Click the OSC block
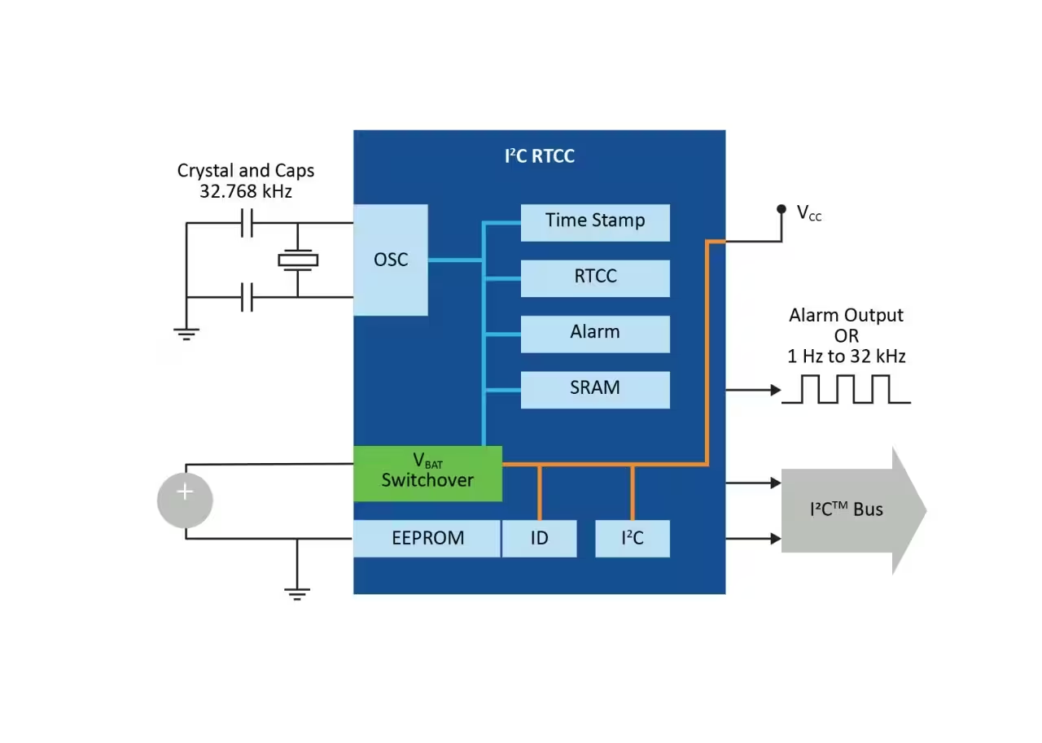click(391, 260)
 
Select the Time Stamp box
click(595, 223)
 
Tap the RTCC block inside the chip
click(595, 278)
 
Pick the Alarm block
click(595, 334)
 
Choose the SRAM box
click(595, 390)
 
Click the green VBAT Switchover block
click(428, 474)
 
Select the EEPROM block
click(427, 539)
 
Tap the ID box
click(540, 539)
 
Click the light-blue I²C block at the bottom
click(633, 539)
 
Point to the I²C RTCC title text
click(540, 156)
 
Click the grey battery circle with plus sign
click(185, 500)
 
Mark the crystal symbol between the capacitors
click(298, 260)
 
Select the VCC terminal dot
click(781, 209)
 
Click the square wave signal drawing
click(846, 389)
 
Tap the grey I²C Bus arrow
click(854, 510)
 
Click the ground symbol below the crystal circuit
click(186, 334)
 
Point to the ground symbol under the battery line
click(297, 594)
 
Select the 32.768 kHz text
click(246, 191)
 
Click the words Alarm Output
click(846, 316)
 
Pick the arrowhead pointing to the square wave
click(777, 390)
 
